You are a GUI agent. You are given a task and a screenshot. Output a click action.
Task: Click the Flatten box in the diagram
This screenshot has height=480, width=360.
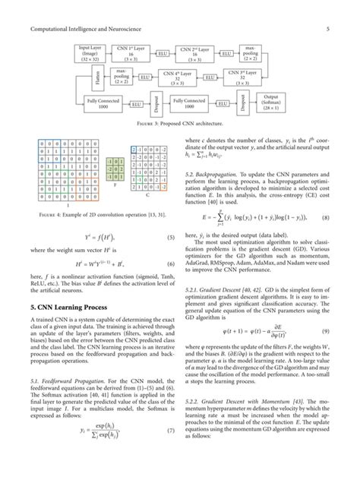coord(78,77)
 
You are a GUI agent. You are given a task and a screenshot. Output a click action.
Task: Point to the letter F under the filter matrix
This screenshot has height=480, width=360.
coord(114,184)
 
